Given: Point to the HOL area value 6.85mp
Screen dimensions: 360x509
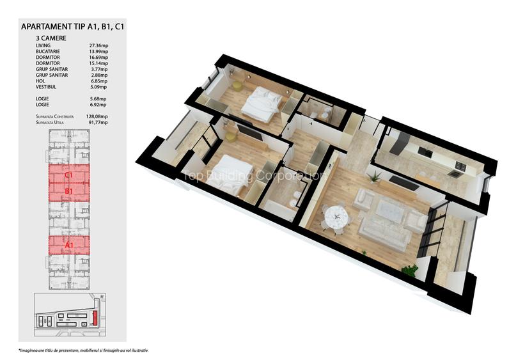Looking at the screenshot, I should [97, 81].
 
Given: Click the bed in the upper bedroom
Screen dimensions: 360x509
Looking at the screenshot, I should [261, 100].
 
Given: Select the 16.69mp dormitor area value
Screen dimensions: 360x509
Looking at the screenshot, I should [98, 58].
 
